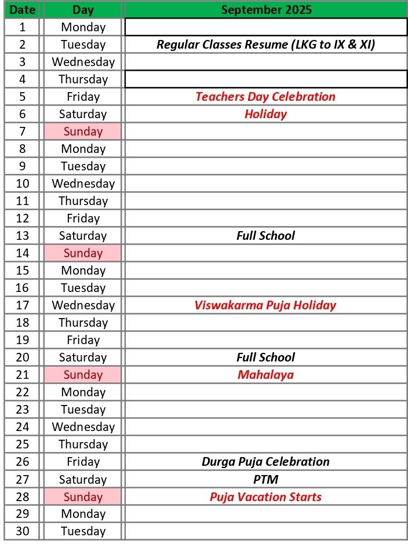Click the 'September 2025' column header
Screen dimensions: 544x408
pyautogui.click(x=266, y=9)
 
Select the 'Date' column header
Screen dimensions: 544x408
pyautogui.click(x=23, y=9)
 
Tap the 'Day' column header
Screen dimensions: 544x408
pyautogui.click(x=83, y=9)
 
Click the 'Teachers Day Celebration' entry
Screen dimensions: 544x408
pyautogui.click(x=265, y=97)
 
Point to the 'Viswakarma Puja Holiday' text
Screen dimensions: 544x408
pyautogui.click(x=265, y=305)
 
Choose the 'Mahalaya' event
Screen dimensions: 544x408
pyautogui.click(x=265, y=375)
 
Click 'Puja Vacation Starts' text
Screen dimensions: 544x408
pyautogui.click(x=265, y=497)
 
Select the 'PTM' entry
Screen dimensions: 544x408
pyautogui.click(x=265, y=479)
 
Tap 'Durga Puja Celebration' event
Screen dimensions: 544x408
pyautogui.click(x=265, y=462)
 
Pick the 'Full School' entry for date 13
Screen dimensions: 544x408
pyautogui.click(x=265, y=236)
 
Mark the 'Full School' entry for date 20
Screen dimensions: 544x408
pyautogui.click(x=265, y=357)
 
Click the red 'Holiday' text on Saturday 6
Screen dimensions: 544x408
pyautogui.click(x=265, y=114)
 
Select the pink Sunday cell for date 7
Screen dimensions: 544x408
pyautogui.click(x=83, y=132)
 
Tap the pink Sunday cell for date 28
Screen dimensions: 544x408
pyautogui.click(x=83, y=497)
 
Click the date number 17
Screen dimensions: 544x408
pyautogui.click(x=23, y=305)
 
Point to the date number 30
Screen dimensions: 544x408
pyautogui.click(x=23, y=531)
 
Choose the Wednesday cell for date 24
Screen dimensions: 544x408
pyautogui.click(x=83, y=427)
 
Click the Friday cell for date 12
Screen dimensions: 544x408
pyautogui.click(x=83, y=218)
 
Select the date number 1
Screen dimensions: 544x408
pyautogui.click(x=23, y=27)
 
